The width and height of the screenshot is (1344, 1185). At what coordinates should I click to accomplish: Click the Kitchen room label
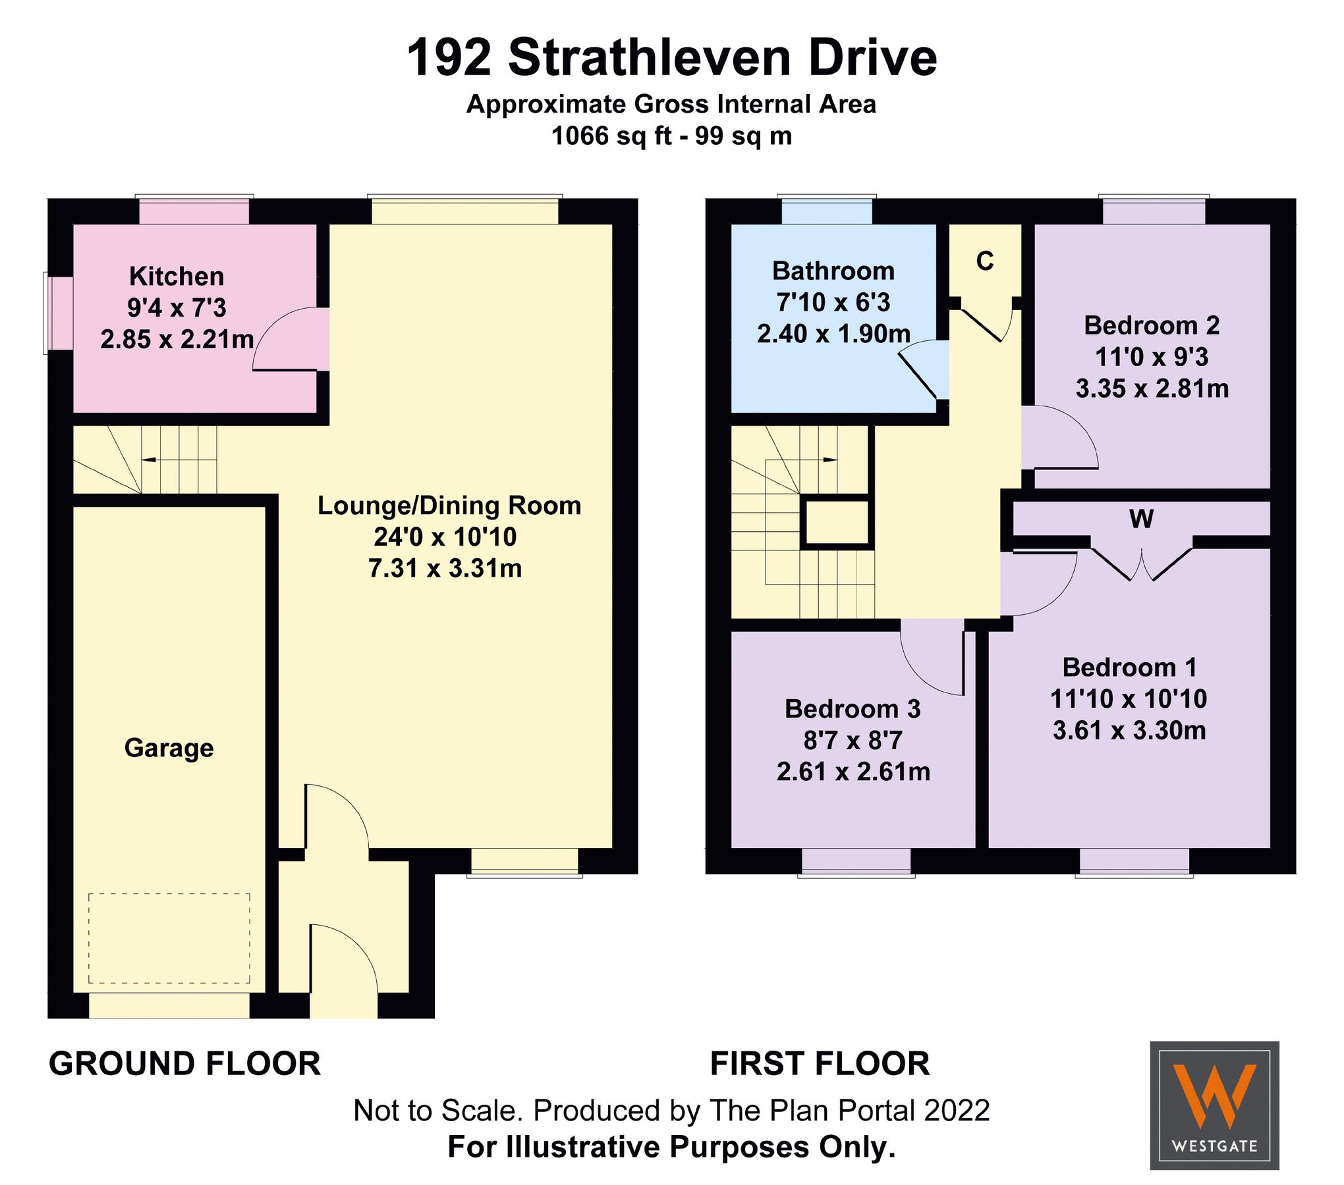[x=177, y=276]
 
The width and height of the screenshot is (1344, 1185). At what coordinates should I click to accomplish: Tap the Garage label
[x=169, y=748]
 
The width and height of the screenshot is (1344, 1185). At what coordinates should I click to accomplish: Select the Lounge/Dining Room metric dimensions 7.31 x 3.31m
[x=445, y=568]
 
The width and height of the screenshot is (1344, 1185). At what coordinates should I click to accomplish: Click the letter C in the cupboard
[x=984, y=261]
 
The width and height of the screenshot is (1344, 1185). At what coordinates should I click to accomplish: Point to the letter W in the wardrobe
[x=1141, y=519]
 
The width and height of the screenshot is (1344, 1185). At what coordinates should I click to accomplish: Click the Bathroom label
[x=833, y=271]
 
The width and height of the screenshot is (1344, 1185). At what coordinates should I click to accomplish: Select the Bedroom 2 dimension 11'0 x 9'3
[x=1152, y=357]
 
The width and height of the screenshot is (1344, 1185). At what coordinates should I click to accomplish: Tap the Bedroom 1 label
[x=1129, y=668]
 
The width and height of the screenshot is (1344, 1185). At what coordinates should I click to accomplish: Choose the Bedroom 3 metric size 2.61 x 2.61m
[x=853, y=772]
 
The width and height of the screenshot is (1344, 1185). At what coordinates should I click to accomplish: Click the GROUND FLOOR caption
[x=184, y=1064]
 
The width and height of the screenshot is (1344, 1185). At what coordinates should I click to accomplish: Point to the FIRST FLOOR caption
[x=820, y=1064]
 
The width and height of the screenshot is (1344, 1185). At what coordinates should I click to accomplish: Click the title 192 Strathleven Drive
[x=671, y=58]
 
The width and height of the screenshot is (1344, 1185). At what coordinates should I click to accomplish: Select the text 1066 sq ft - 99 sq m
[x=671, y=136]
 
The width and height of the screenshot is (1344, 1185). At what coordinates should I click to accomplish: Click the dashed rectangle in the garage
[x=169, y=938]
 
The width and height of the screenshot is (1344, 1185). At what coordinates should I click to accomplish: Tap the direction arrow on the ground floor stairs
[x=149, y=459]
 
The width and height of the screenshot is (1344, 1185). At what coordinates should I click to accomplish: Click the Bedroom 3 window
[x=856, y=862]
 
